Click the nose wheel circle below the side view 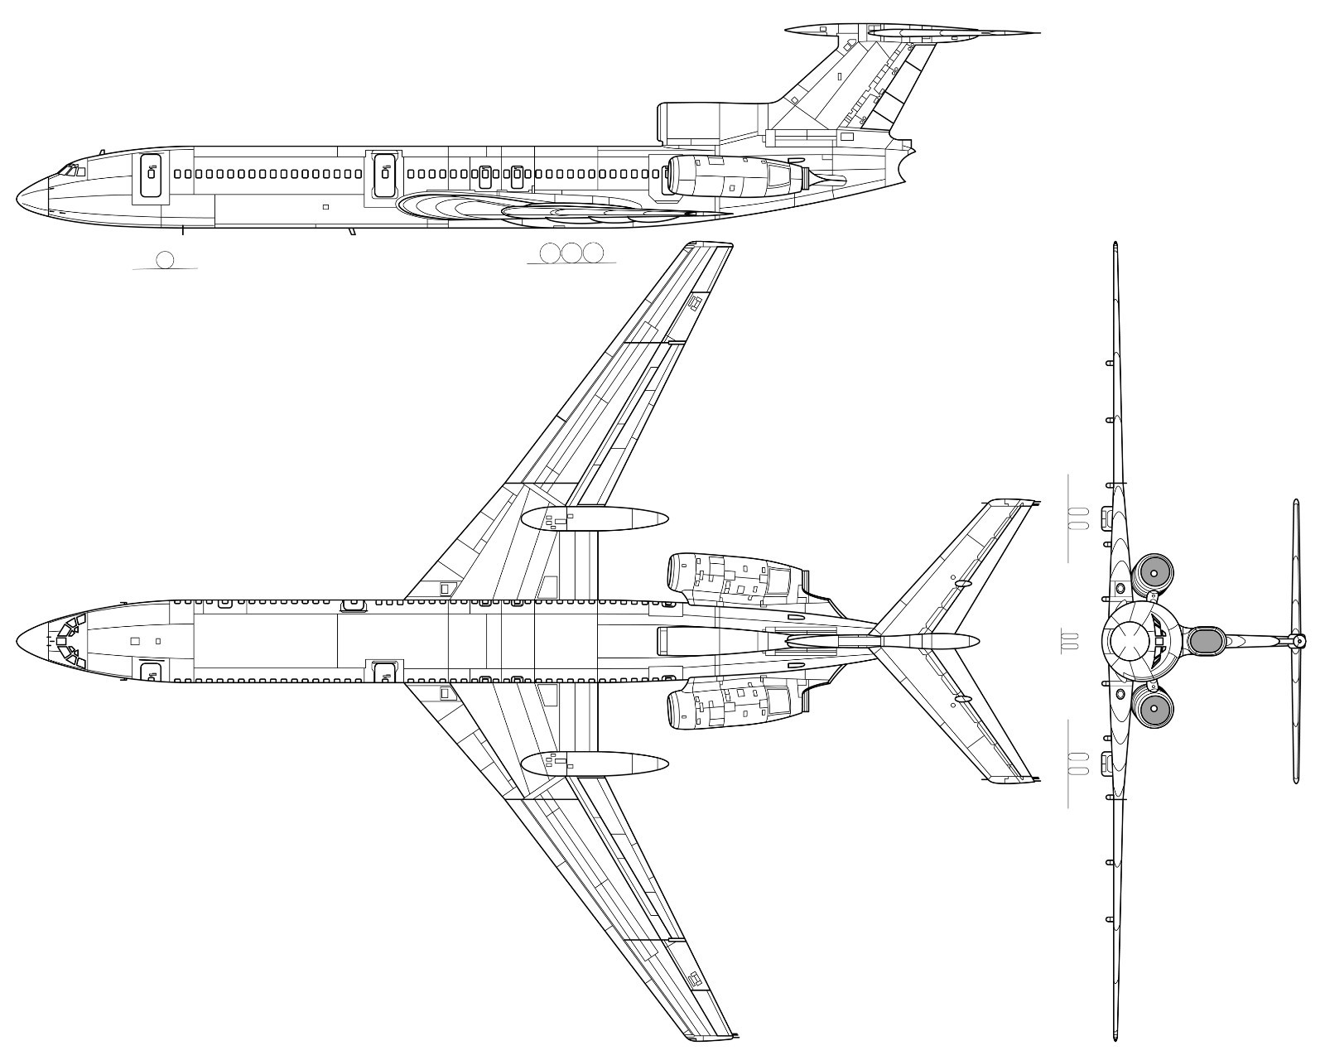tap(165, 259)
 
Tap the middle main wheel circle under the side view tap(571, 253)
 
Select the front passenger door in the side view tap(151, 174)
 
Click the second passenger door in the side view tap(383, 174)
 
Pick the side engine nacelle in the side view tap(729, 176)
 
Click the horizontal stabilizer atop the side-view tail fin tap(911, 32)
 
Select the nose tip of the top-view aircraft tap(17, 643)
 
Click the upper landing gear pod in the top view tap(595, 518)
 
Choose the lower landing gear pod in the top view tap(595, 763)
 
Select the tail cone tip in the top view tap(977, 640)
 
